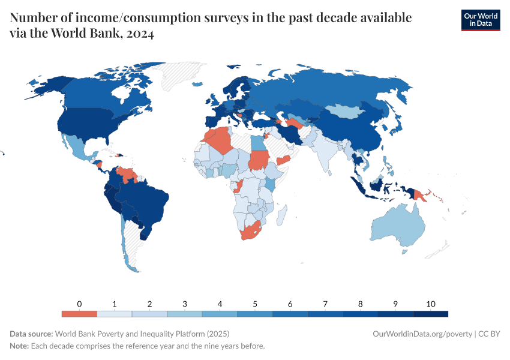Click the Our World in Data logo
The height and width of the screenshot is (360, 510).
tap(480, 20)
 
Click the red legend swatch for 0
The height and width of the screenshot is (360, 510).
tap(79, 314)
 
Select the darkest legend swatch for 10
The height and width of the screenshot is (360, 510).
tap(431, 314)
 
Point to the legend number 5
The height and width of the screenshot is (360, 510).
tap(255, 304)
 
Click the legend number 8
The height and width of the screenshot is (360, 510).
tap(360, 304)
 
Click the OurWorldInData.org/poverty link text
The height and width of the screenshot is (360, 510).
tap(422, 334)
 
